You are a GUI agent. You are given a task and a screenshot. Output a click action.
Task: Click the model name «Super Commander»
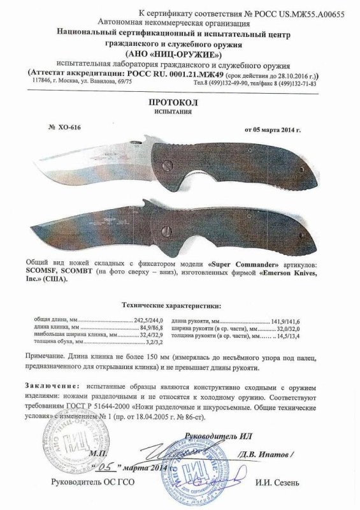tap(239, 262)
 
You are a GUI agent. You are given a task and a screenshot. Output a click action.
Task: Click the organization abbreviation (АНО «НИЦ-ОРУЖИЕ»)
tap(180, 53)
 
